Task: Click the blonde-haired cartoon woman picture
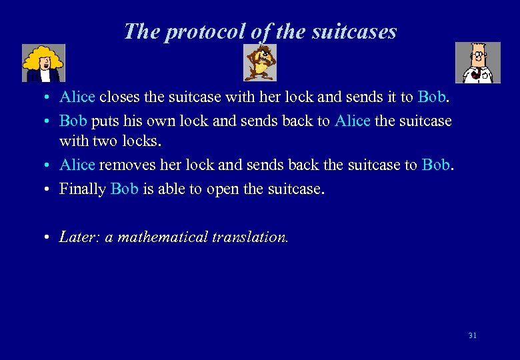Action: click(x=43, y=63)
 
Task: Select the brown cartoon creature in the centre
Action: click(x=259, y=62)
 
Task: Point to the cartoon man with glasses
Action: click(x=477, y=63)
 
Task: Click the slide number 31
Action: click(x=472, y=335)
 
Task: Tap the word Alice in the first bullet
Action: click(x=77, y=97)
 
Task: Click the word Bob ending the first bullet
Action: click(x=432, y=97)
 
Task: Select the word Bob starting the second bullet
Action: click(x=73, y=121)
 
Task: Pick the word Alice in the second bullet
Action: click(x=353, y=121)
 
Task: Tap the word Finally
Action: click(x=83, y=189)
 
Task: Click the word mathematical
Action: click(x=163, y=237)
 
